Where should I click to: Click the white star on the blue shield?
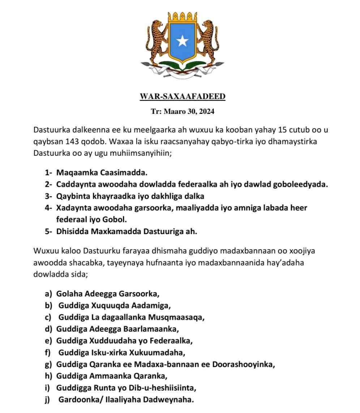tap(182, 41)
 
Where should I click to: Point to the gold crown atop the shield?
tap(183, 16)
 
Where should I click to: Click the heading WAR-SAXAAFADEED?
tap(183, 97)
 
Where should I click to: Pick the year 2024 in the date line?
tap(206, 112)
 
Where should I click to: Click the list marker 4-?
tap(49, 208)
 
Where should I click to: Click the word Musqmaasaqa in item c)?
tap(176, 317)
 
